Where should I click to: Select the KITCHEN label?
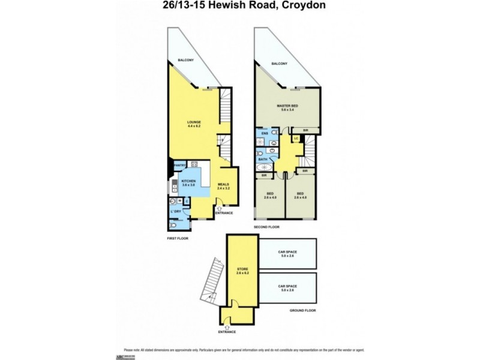pos(188,182)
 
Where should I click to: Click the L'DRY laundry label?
pos(176,212)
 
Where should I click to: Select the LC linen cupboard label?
pos(296,138)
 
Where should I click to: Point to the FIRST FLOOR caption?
pos(178,239)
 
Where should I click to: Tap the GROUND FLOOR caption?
pos(303,310)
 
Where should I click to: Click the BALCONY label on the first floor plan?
pos(184,60)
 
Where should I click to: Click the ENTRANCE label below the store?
pos(227,332)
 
